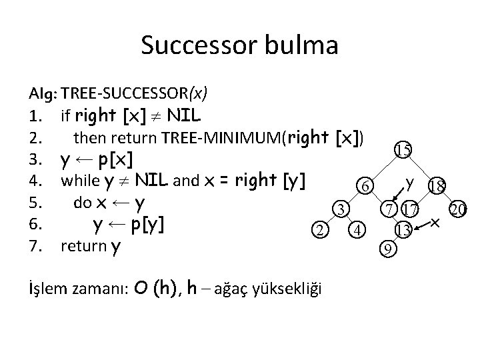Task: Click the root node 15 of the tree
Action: pyautogui.click(x=402, y=151)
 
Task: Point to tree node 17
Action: pyautogui.click(x=409, y=211)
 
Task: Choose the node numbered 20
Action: pyautogui.click(x=457, y=210)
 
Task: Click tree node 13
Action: pyautogui.click(x=402, y=231)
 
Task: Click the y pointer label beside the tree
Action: pyautogui.click(x=411, y=181)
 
